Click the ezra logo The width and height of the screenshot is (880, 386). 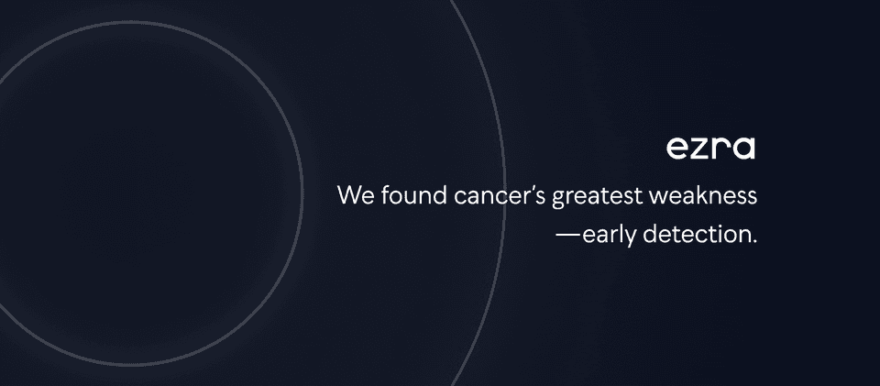710,149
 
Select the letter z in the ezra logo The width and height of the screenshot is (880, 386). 701,149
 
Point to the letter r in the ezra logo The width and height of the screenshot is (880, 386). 721,149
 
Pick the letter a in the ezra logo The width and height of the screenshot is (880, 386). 743,149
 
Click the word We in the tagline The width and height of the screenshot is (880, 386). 357,196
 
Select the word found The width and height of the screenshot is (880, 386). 414,195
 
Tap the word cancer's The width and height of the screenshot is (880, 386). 500,196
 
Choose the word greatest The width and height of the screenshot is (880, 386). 598,197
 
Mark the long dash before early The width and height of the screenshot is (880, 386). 567,235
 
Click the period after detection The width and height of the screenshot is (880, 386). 754,242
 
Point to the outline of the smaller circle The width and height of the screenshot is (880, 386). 302,193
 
